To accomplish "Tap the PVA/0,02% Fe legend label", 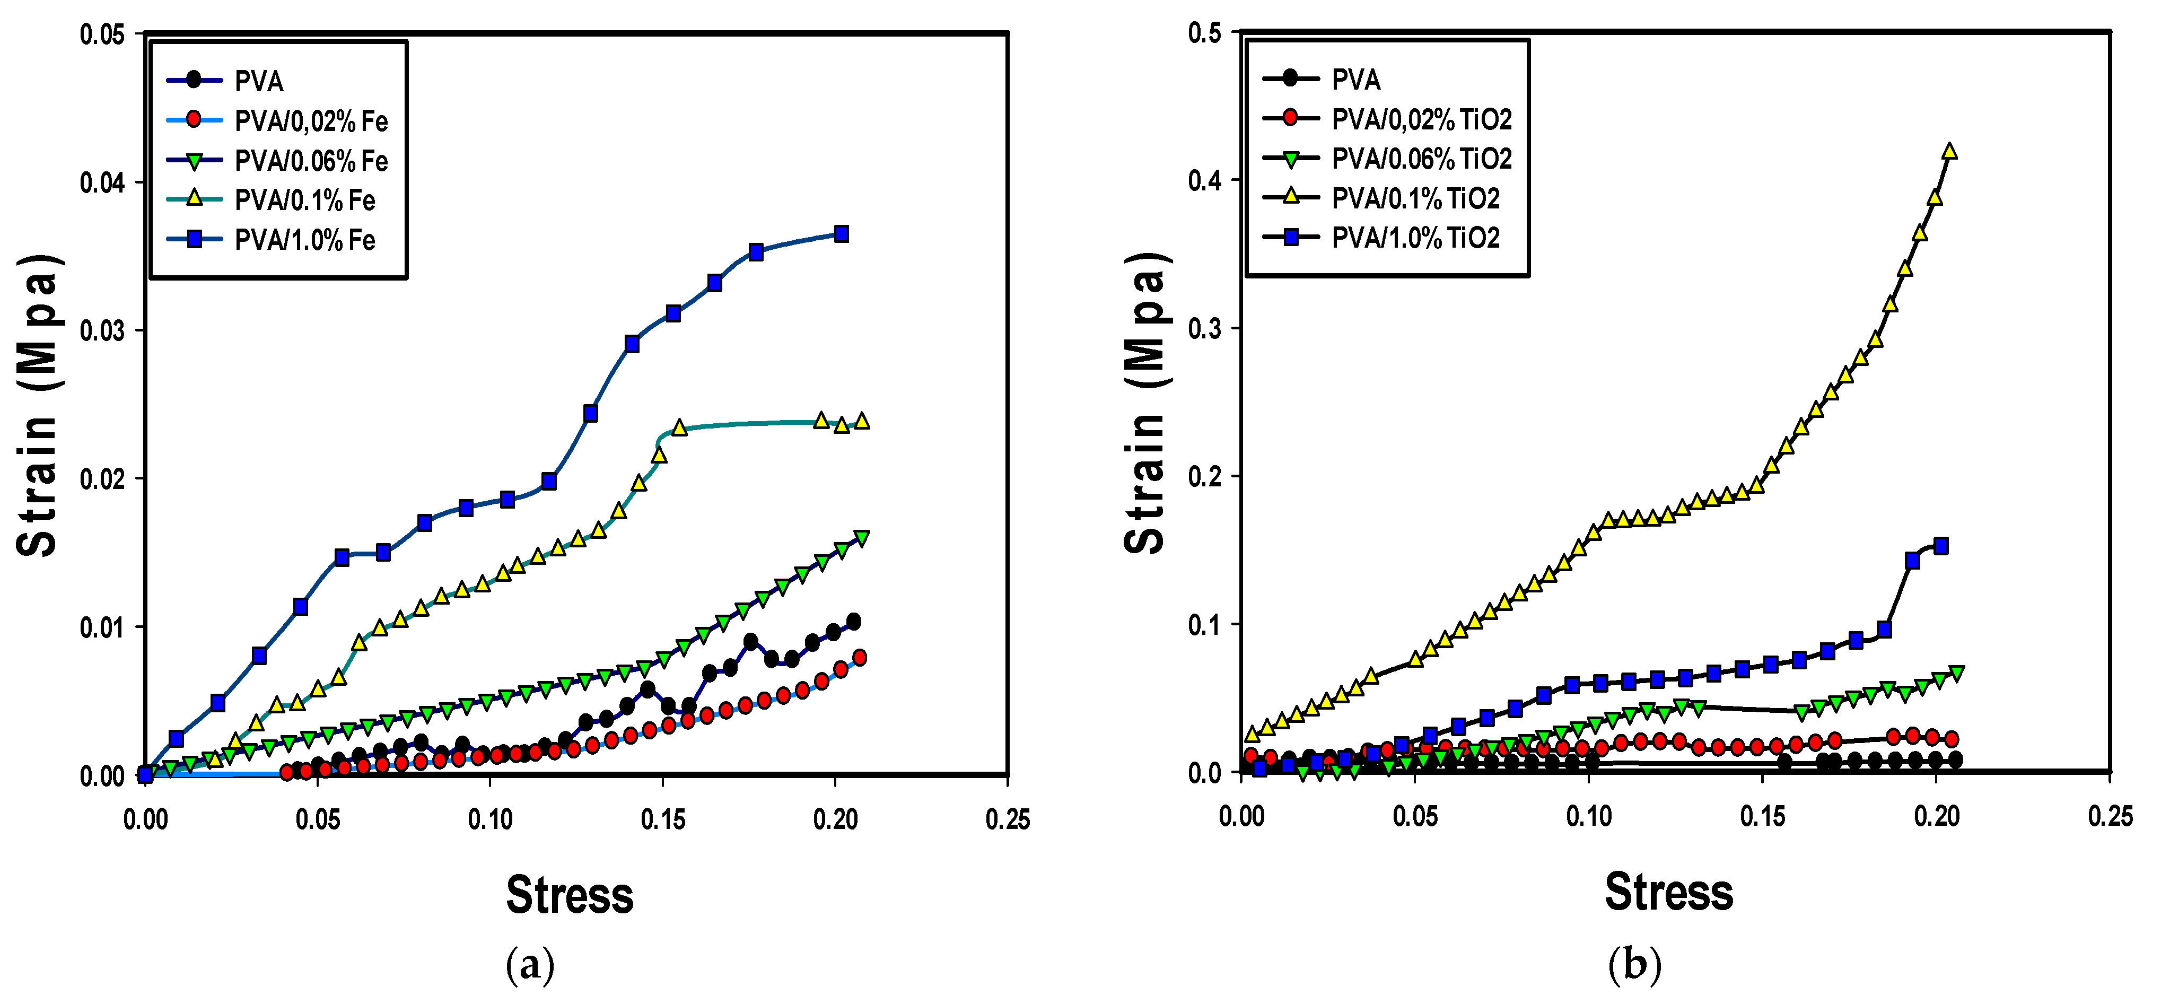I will tap(310, 121).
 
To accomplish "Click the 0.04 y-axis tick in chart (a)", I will tap(102, 182).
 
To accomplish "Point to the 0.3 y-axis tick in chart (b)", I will tap(1205, 328).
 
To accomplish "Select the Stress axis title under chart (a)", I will tap(570, 895).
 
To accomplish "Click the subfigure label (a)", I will tap(530, 965).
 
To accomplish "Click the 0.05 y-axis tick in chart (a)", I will tap(102, 34).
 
